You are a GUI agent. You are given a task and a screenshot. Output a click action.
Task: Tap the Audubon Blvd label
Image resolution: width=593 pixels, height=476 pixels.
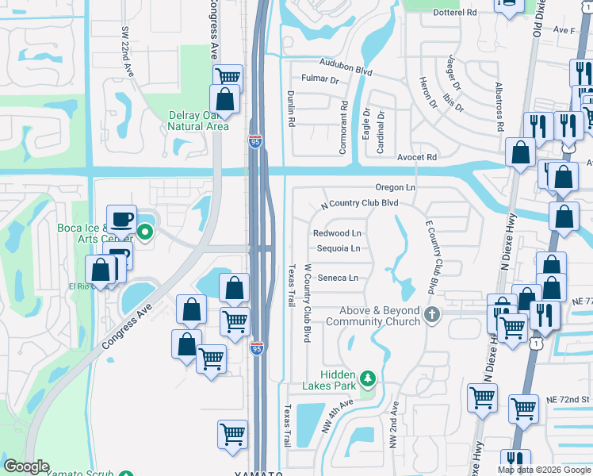tap(346, 66)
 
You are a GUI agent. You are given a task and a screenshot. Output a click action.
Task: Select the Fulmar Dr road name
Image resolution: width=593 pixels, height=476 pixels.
tap(319, 79)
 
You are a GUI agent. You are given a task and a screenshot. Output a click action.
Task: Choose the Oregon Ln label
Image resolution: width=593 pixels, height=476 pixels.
tap(396, 187)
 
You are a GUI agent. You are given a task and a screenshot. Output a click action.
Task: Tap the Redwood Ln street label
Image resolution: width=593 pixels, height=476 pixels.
tap(337, 233)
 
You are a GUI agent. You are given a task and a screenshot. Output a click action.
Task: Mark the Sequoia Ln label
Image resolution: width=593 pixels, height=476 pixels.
tap(339, 248)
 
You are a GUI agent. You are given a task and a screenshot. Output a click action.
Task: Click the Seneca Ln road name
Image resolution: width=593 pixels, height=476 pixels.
tap(338, 278)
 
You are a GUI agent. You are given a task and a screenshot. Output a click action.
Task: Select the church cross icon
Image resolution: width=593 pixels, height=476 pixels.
tap(432, 315)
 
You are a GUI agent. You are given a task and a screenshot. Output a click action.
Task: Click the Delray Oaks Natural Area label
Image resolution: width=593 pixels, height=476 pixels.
tap(198, 121)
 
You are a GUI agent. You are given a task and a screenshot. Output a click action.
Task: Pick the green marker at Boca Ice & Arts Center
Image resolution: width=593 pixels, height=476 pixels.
tap(144, 232)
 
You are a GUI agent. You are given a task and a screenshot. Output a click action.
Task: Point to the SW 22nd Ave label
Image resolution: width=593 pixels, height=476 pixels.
tap(125, 51)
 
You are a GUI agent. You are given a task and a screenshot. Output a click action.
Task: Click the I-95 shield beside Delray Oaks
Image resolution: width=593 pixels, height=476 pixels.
tap(254, 141)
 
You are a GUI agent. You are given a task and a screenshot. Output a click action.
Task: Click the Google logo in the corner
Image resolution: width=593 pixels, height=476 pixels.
tap(26, 466)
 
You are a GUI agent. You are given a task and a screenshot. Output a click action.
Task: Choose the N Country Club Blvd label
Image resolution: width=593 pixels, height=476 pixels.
tap(358, 203)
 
